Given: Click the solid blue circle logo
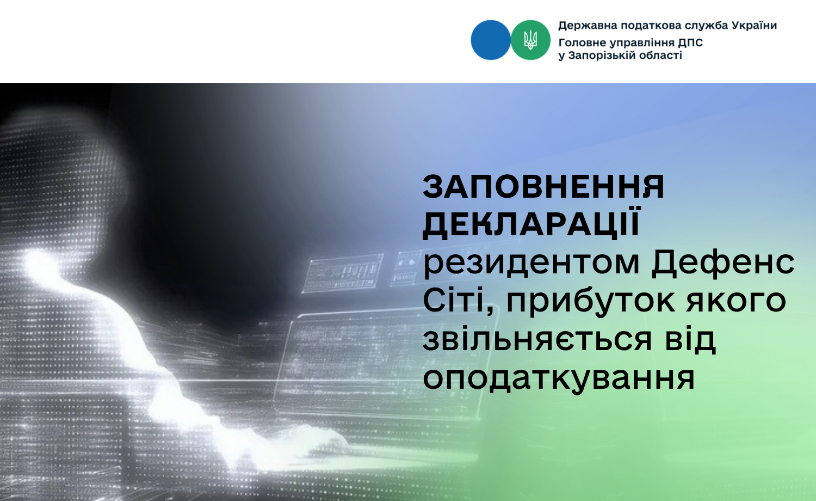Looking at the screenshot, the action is [490, 40].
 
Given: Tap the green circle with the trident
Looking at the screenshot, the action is [530, 40].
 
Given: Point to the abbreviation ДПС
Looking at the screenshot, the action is [690, 43].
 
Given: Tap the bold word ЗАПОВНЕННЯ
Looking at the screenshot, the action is [543, 186].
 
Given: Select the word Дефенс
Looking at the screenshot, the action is [723, 262].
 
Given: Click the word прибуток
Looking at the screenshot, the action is [590, 302].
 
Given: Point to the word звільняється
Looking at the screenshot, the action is [537, 339].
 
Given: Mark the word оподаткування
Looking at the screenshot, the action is [559, 379].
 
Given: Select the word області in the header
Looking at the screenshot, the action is [664, 56].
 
